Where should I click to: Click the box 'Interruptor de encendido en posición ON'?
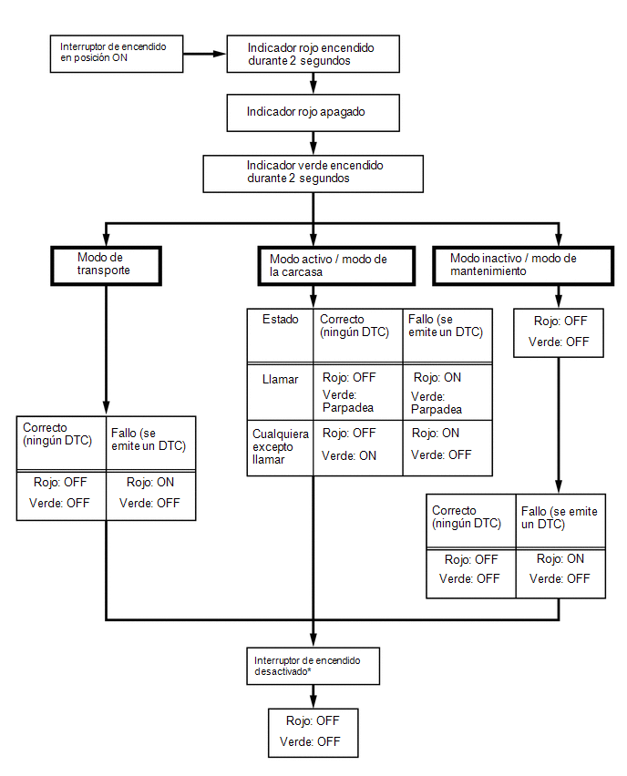click(117, 54)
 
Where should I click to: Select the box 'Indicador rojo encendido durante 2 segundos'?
click(313, 54)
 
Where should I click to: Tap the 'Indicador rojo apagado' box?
click(313, 112)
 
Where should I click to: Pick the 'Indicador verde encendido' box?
click(313, 174)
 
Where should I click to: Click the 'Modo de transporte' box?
click(106, 266)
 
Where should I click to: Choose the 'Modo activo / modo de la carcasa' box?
click(336, 266)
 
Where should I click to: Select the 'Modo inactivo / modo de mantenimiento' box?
click(523, 266)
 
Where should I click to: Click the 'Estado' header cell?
click(281, 335)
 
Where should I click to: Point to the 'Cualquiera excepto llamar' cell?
click(281, 448)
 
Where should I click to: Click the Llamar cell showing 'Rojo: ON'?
click(447, 392)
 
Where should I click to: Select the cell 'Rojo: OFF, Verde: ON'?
click(358, 448)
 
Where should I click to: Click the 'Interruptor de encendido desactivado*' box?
click(313, 666)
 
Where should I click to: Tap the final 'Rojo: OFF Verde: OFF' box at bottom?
click(313, 732)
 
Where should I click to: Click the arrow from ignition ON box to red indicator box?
click(204, 54)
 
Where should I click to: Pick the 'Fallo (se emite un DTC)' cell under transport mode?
click(151, 443)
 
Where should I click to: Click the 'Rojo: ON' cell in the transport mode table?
click(151, 495)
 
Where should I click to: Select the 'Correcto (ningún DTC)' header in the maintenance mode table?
click(471, 521)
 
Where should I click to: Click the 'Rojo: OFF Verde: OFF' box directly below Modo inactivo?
click(559, 333)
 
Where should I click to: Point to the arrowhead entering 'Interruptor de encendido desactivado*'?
click(313, 640)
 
